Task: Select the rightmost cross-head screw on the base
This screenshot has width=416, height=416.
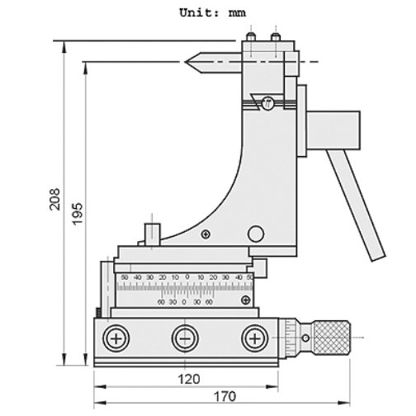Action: (x=254, y=339)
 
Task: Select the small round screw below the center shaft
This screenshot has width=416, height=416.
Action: (x=267, y=104)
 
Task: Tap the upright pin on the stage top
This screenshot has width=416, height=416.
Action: (x=152, y=232)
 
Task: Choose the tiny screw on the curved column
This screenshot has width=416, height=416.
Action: (x=205, y=234)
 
